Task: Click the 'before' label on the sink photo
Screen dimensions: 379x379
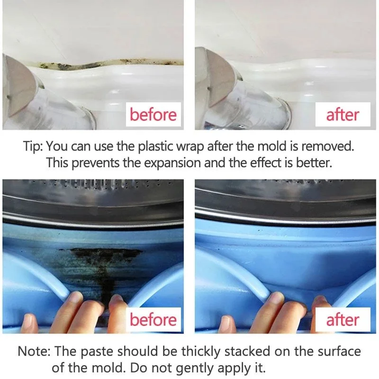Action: (x=153, y=114)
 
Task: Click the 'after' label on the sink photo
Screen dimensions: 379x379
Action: (x=343, y=115)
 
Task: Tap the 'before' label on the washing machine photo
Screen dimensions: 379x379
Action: (x=153, y=319)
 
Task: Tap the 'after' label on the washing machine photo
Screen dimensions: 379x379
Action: (x=343, y=319)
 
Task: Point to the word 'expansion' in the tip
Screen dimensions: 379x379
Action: (x=172, y=163)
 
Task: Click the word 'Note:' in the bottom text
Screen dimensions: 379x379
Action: (x=34, y=351)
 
